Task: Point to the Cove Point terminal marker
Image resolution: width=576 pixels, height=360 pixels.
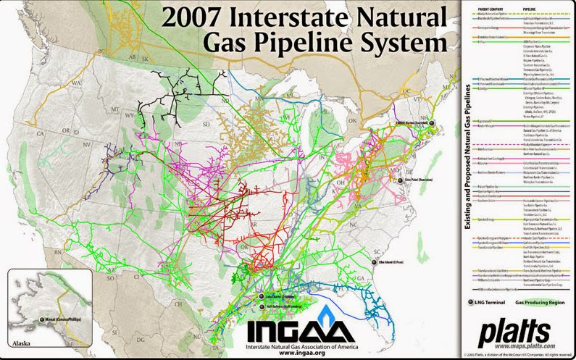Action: pyautogui.click(x=400, y=176)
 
